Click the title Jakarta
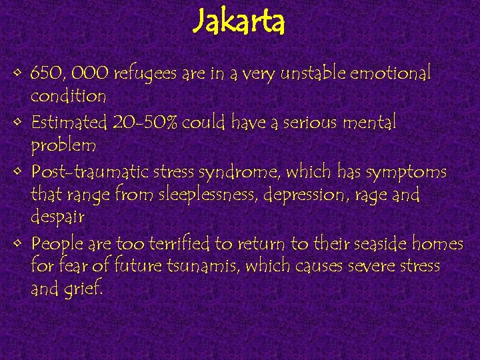[x=239, y=23]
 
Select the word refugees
[x=146, y=73]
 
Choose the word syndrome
[x=247, y=172]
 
